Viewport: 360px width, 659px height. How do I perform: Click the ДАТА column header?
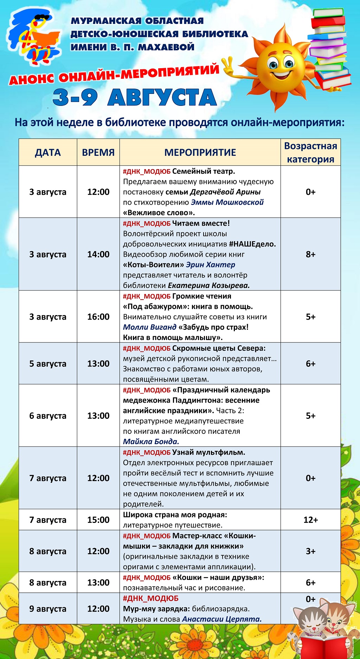pyautogui.click(x=48, y=152)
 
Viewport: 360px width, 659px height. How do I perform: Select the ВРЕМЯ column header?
pyautogui.click(x=98, y=152)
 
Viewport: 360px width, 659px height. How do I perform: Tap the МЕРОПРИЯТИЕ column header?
pyautogui.click(x=200, y=152)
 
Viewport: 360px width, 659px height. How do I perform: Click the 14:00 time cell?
pyautogui.click(x=98, y=254)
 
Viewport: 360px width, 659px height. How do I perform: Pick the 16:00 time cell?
pyautogui.click(x=98, y=316)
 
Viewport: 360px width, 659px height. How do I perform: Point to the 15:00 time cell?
pyautogui.click(x=98, y=520)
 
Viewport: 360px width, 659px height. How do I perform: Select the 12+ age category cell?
pyautogui.click(x=310, y=520)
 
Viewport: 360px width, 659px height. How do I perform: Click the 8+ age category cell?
pyautogui.click(x=310, y=254)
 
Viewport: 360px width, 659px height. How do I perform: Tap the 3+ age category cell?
pyautogui.click(x=310, y=551)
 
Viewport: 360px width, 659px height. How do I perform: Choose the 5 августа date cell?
pyautogui.click(x=48, y=364)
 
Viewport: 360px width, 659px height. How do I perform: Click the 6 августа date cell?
pyautogui.click(x=48, y=416)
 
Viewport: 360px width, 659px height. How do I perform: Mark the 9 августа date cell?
pyautogui.click(x=48, y=609)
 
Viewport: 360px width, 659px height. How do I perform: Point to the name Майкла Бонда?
pyautogui.click(x=151, y=442)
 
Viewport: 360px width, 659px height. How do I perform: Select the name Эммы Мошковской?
pyautogui.click(x=227, y=202)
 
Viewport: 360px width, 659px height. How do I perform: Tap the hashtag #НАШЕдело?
pyautogui.click(x=252, y=244)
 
